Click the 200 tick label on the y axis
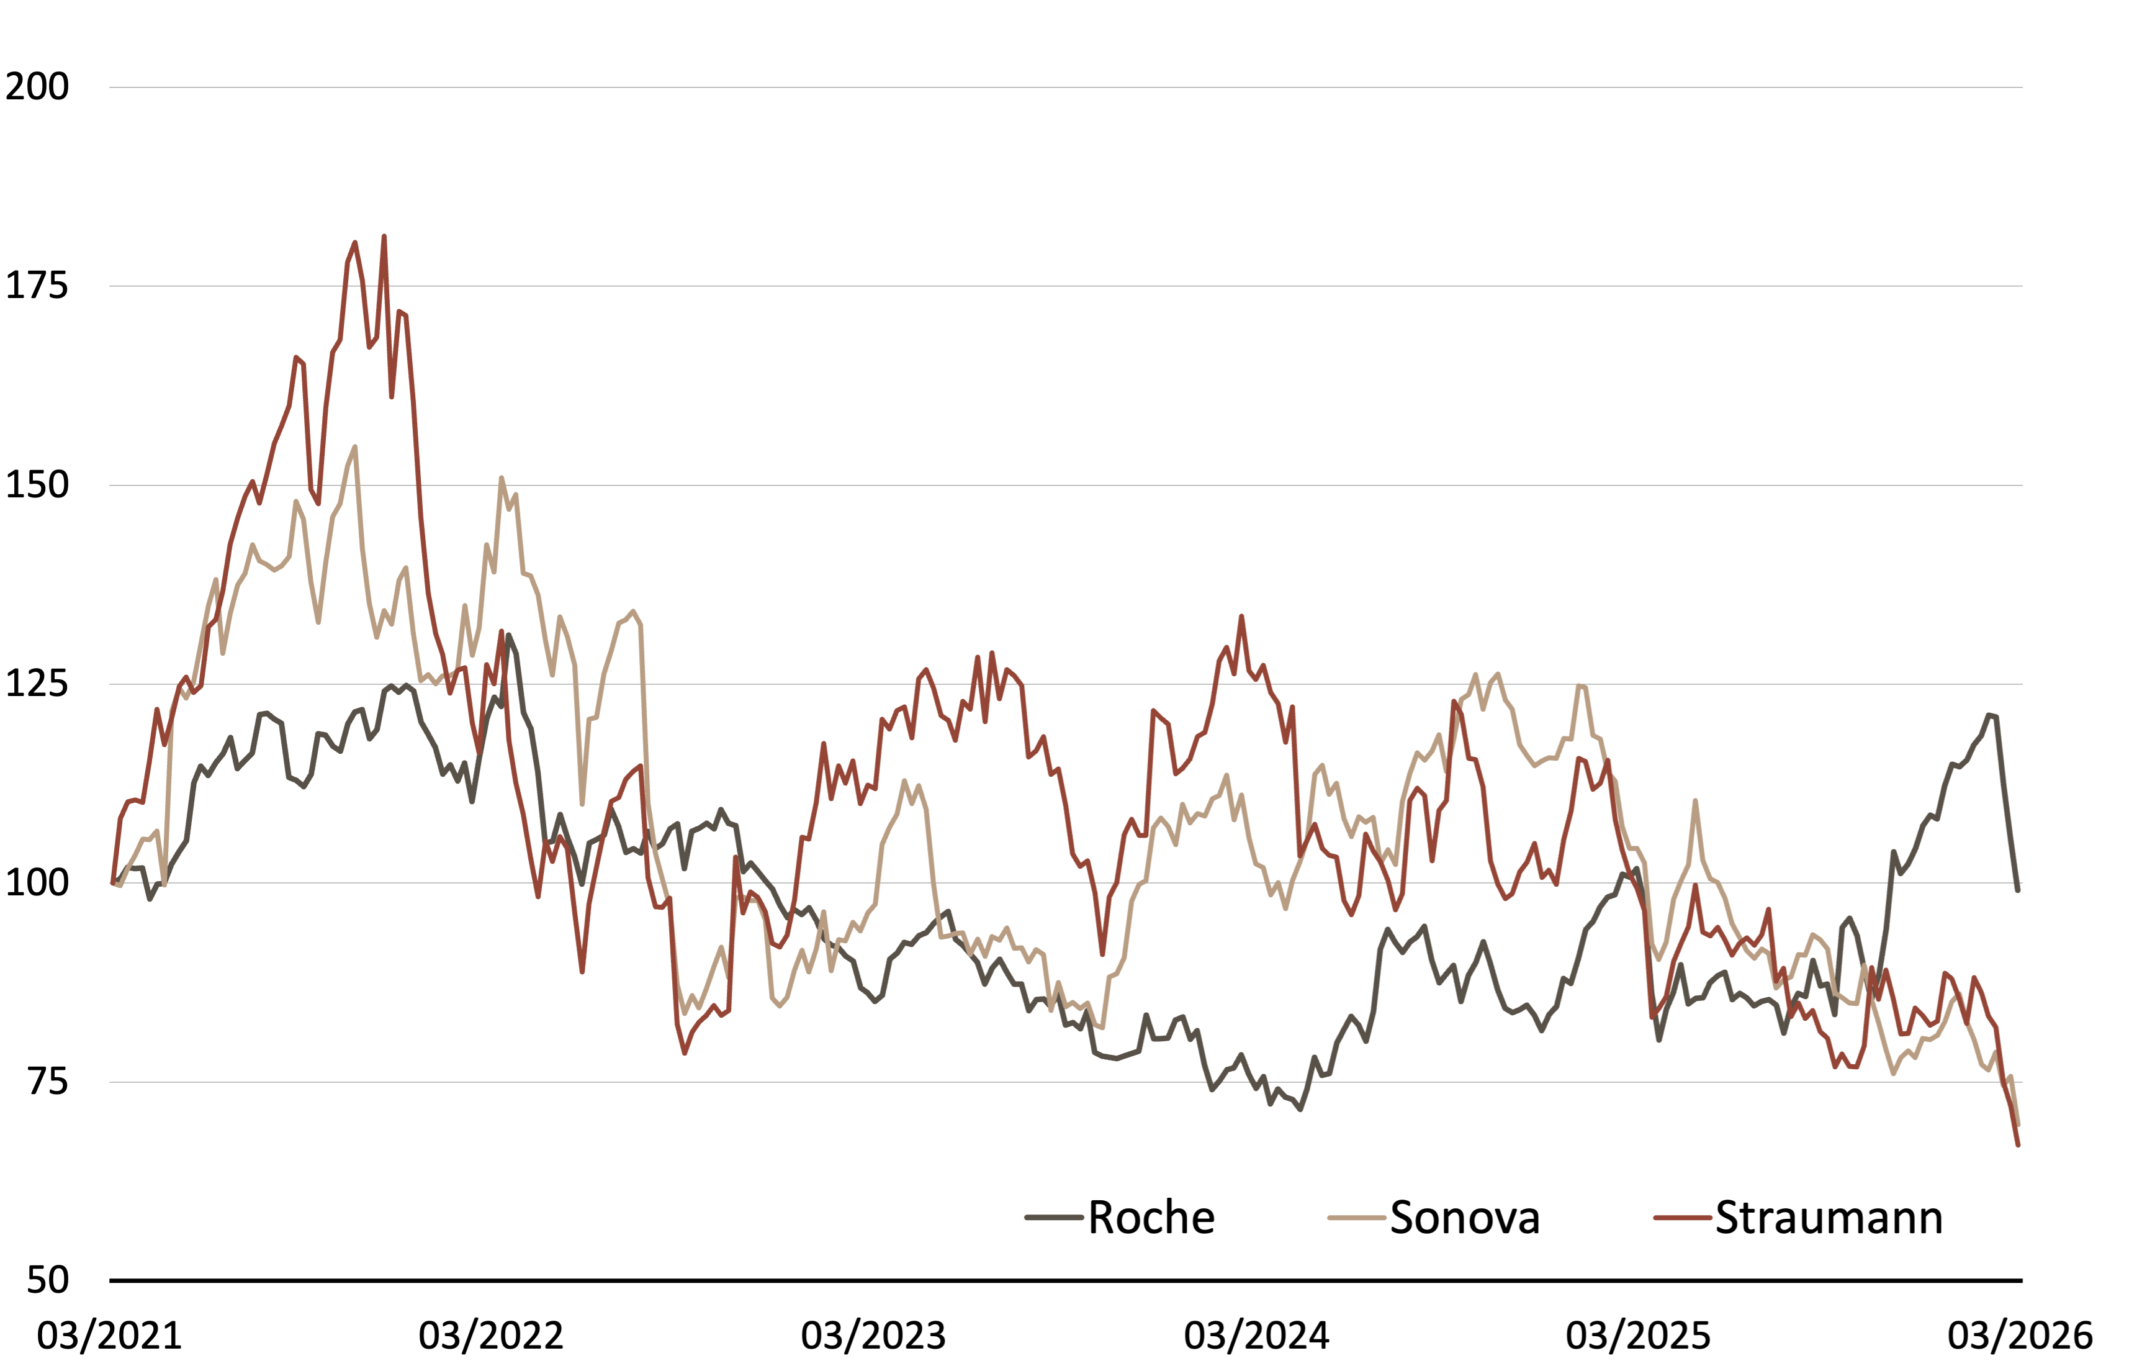tap(37, 86)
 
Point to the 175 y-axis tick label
tap(37, 286)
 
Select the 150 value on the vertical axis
tap(37, 485)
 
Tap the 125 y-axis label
tap(37, 684)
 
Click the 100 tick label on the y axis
tap(37, 883)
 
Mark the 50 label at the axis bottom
tap(47, 1280)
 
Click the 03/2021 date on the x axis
tap(109, 1335)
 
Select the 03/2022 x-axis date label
tap(491, 1335)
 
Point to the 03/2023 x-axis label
tap(873, 1335)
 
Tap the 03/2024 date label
tap(1256, 1335)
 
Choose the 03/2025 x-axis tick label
tap(1639, 1335)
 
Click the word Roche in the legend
tap(1151, 1218)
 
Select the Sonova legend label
tap(1464, 1218)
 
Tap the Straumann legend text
tap(1829, 1218)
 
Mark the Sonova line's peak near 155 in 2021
tap(355, 448)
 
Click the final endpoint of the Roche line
tap(2017, 889)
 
